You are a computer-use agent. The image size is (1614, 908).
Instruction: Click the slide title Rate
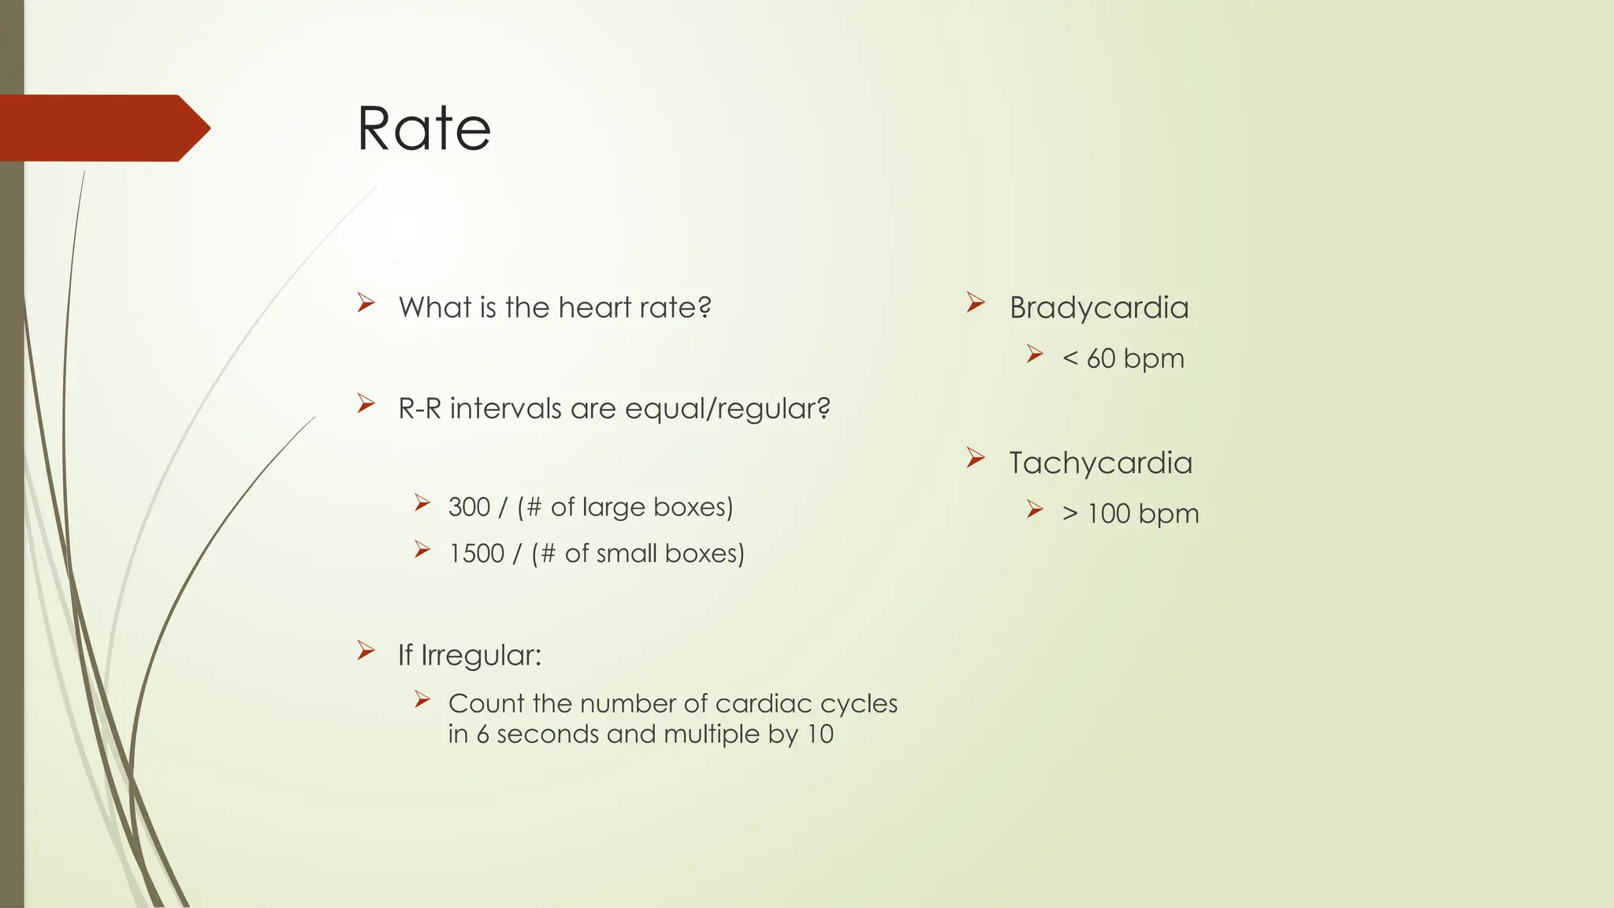coord(424,128)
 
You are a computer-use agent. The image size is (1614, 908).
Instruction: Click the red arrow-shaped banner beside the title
coord(102,128)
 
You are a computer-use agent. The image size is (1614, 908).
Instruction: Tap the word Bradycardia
coord(1099,307)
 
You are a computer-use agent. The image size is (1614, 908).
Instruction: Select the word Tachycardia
coord(1100,463)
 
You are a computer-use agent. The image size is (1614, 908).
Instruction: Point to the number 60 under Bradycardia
coord(1101,359)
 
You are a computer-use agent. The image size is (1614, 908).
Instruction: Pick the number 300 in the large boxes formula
coord(469,507)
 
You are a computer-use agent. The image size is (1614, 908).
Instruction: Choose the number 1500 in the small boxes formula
coord(476,553)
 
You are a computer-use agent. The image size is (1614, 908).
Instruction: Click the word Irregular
coord(481,655)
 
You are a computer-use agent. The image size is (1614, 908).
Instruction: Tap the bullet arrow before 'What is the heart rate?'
coord(366,303)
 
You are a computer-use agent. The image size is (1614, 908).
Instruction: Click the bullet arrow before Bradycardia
coord(976,303)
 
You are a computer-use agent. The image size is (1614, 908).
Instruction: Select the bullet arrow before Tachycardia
coord(976,458)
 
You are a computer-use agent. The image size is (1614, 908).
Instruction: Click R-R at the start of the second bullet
coord(419,408)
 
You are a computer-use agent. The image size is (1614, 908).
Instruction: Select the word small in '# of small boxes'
coord(627,553)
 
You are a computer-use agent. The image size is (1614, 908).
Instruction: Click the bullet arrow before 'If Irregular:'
coord(366,650)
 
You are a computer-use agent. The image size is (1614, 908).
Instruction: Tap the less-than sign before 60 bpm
coord(1069,359)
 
